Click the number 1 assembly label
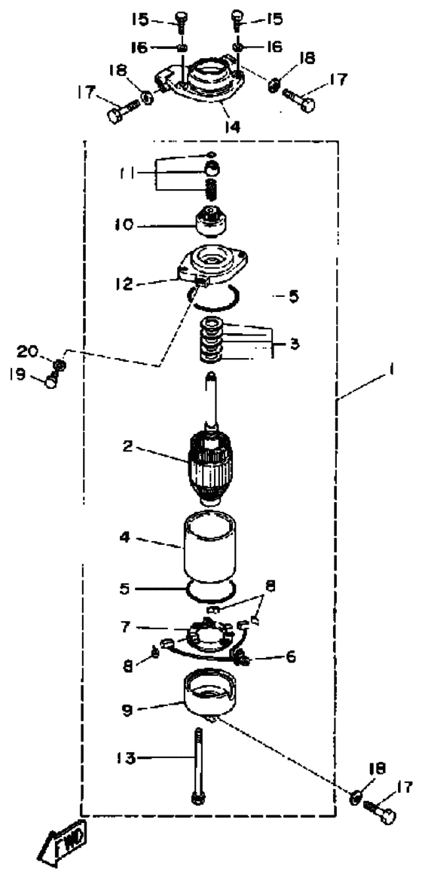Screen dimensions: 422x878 pyautogui.click(x=392, y=369)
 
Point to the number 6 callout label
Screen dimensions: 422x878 pyautogui.click(x=290, y=656)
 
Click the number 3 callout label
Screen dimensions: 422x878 pyautogui.click(x=295, y=344)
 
